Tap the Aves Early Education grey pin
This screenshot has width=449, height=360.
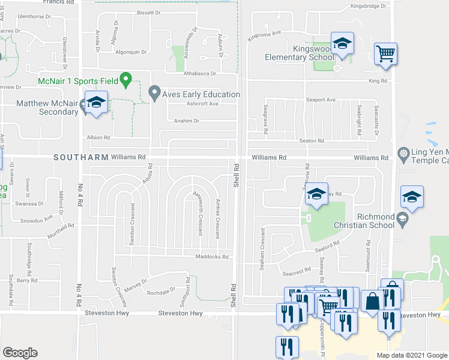pos(154,93)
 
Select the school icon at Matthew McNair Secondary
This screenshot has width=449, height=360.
pos(95,103)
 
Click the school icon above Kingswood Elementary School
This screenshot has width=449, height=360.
pos(342,44)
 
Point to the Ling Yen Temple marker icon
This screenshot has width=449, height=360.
pos(403,154)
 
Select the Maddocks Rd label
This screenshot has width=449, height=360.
pos(212,257)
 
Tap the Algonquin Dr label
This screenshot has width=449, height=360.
pos(131,52)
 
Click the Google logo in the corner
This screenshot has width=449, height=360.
pos(20,353)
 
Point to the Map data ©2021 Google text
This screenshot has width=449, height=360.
pos(411,355)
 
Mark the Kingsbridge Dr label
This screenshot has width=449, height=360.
pos(369,7)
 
